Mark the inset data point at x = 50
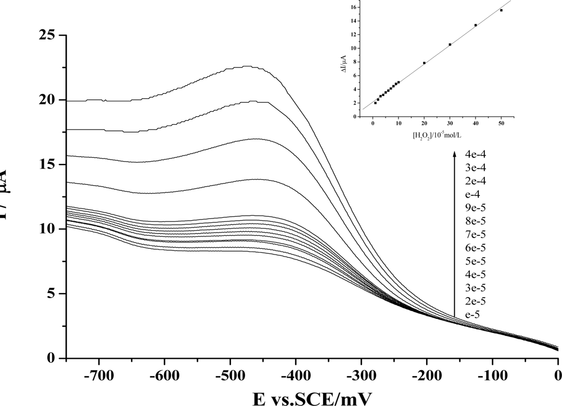coord(501,10)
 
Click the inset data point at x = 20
coord(424,63)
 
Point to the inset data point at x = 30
coord(450,44)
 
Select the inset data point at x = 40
coord(475,25)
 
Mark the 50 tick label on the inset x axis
coord(501,125)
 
